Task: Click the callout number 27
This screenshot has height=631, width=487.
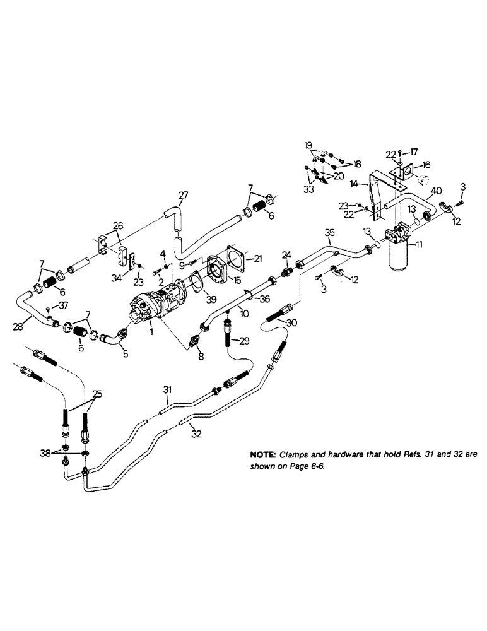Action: pyautogui.click(x=183, y=196)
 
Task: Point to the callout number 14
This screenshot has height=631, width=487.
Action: pyautogui.click(x=355, y=184)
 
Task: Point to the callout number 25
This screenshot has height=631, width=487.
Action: pyautogui.click(x=97, y=394)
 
